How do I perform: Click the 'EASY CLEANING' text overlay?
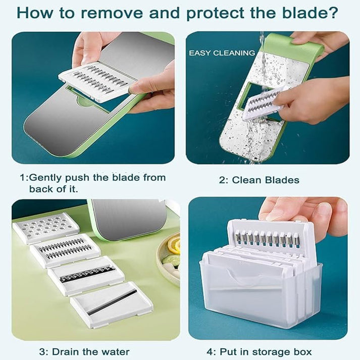[222, 53]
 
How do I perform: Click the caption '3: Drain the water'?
[84, 351]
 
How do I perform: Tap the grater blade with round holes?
[45, 228]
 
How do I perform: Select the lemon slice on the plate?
[174, 246]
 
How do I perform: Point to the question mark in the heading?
[344, 13]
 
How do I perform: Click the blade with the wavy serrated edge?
[86, 275]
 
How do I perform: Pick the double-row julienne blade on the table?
[65, 249]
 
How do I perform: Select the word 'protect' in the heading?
[218, 13]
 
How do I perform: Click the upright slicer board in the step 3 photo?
[126, 218]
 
